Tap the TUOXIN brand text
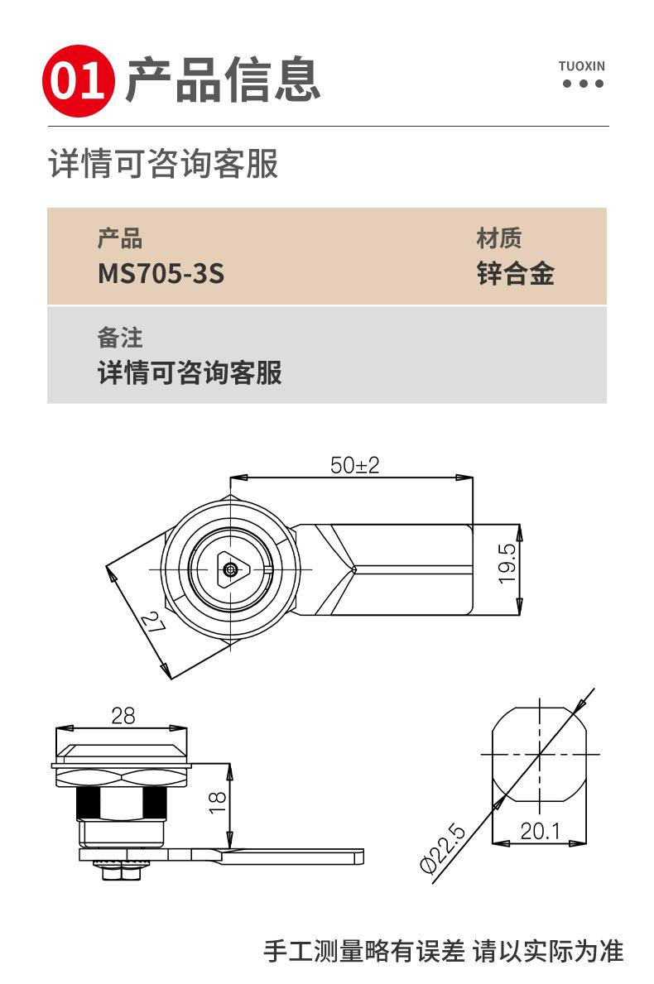581,65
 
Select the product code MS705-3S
161,274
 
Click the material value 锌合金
515,274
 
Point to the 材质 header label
498,239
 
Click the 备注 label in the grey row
120,338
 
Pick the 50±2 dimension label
354,465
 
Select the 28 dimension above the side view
123,716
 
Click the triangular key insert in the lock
231,569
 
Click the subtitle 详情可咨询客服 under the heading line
163,165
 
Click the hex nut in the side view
122,777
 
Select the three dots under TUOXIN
582,84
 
